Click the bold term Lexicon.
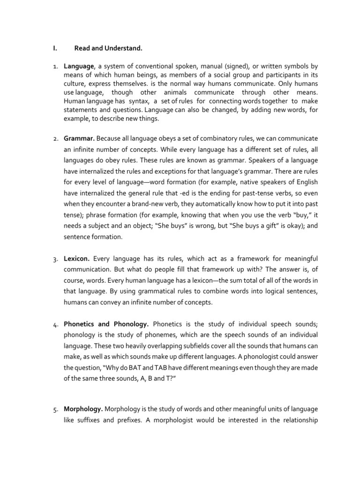click(77, 258)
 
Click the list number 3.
click(55, 259)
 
